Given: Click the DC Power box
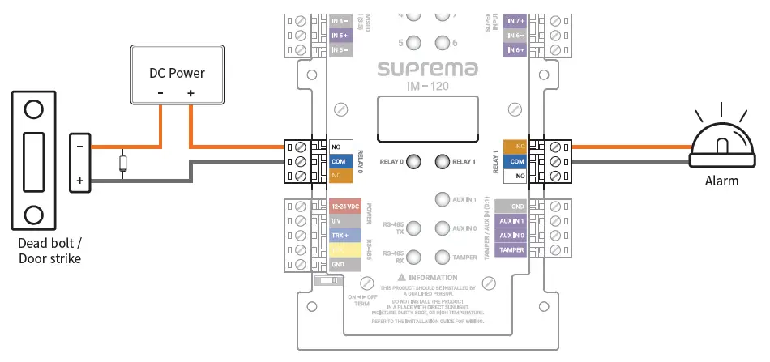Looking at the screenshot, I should tap(176, 75).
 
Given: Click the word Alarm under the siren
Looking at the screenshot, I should tap(721, 181).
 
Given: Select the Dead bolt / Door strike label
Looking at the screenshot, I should tap(50, 250).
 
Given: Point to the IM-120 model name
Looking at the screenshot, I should tap(427, 85).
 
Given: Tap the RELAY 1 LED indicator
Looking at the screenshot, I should tap(442, 161).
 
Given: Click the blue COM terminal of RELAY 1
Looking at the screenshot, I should tap(515, 160).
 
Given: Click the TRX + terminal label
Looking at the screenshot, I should tap(341, 236).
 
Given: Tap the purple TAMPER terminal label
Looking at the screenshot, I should tap(511, 250).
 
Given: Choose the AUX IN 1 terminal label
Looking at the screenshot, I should tap(511, 221).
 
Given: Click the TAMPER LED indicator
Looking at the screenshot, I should tap(442, 258).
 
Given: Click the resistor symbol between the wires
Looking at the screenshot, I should tap(122, 163).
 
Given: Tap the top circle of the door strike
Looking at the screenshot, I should tap(33, 109).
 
